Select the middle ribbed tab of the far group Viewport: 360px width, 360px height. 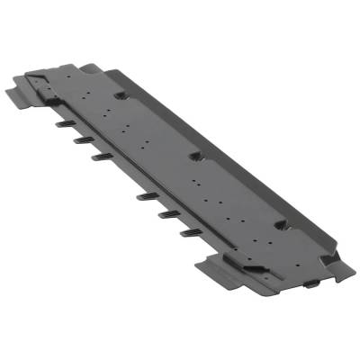click(78, 138)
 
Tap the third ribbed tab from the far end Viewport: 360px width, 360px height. click(100, 157)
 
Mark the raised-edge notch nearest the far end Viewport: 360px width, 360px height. click(120, 94)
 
